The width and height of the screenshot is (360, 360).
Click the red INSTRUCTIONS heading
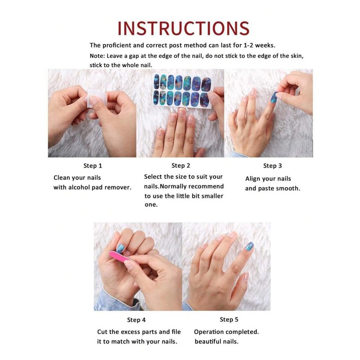(x=184, y=28)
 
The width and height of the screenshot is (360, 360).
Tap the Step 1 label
(x=93, y=166)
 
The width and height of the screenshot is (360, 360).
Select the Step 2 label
(x=181, y=166)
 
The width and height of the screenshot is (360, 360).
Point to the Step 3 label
(x=272, y=166)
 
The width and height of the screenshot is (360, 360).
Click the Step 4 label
(x=136, y=320)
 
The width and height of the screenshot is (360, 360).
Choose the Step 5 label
(x=229, y=319)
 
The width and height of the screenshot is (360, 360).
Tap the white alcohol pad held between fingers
(x=96, y=98)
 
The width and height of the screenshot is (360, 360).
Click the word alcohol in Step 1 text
(x=79, y=187)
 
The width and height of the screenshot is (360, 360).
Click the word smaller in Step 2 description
(x=212, y=196)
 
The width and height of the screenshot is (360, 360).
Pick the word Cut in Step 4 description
(x=103, y=332)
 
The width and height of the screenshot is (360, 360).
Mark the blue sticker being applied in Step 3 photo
(x=274, y=97)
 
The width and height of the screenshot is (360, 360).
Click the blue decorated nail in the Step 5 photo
(x=250, y=246)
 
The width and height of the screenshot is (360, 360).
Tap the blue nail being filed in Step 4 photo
(x=120, y=248)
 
